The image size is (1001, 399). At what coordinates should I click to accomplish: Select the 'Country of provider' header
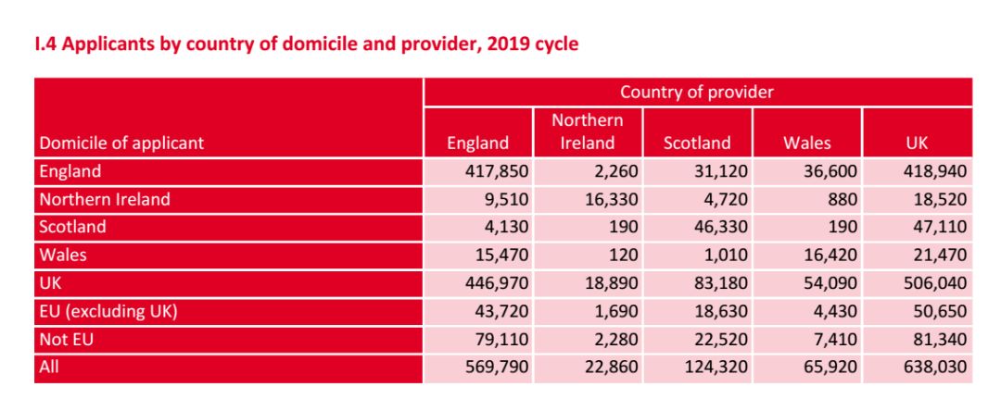697,92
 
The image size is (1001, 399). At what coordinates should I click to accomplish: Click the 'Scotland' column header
697,143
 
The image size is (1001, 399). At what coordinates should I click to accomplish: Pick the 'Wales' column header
806,143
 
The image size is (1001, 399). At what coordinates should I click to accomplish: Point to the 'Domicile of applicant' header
121,143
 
